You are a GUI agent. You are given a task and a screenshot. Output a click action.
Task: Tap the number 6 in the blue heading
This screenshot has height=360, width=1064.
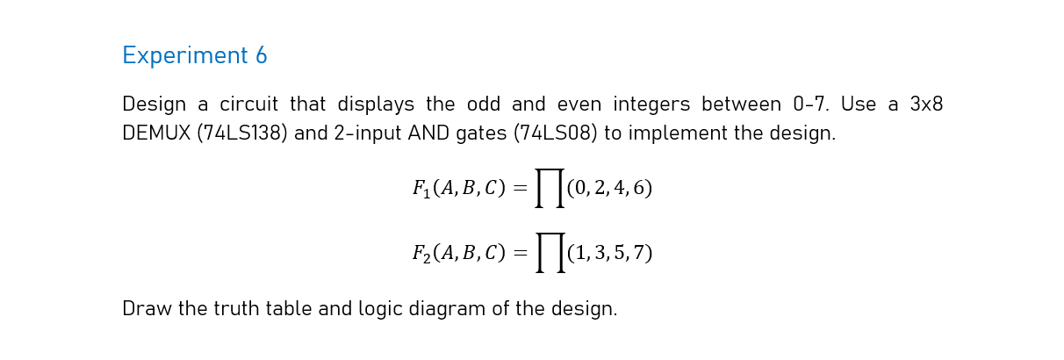261,56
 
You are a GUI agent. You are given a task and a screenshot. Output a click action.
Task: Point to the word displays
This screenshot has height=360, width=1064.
376,104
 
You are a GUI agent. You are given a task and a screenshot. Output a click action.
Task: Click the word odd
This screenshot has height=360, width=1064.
484,104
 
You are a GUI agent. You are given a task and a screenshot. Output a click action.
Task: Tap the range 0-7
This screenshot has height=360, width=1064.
810,104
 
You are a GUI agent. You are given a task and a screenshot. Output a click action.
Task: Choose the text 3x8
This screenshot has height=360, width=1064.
926,104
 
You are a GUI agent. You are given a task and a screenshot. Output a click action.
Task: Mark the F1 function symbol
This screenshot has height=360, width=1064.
421,189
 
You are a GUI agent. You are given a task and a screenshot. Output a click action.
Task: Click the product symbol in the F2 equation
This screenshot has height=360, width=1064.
550,253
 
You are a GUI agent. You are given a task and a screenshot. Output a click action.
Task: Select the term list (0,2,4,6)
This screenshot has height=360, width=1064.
609,188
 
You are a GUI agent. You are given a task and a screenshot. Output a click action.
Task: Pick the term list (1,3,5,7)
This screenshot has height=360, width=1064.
609,253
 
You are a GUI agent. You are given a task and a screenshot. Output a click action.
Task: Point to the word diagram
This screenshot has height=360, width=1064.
449,309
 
